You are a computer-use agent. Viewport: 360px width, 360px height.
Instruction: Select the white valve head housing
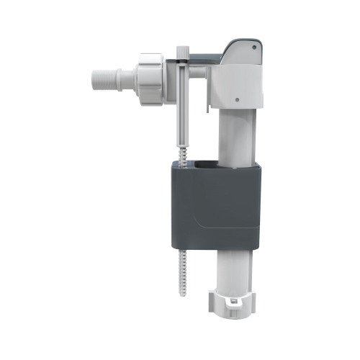(x=238, y=83)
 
